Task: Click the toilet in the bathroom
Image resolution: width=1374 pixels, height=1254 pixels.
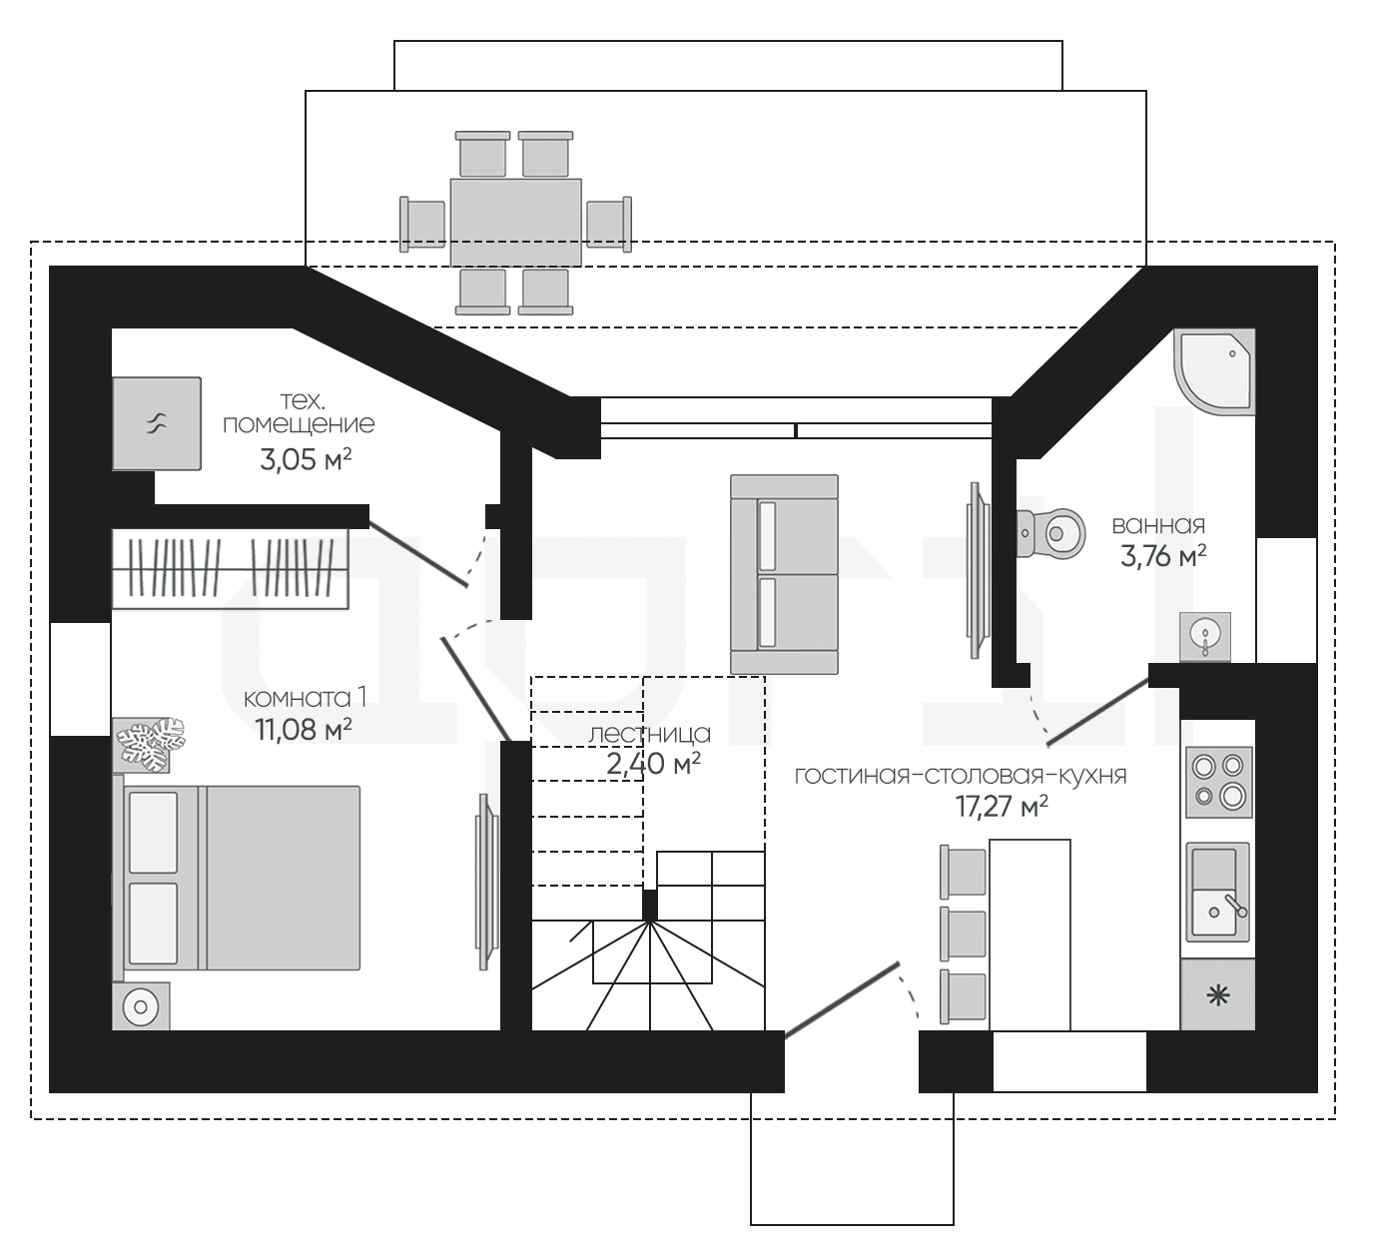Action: click(1050, 533)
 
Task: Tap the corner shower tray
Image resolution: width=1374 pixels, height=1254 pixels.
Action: click(1214, 371)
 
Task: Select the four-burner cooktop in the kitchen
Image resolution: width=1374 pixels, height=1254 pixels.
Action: click(1218, 782)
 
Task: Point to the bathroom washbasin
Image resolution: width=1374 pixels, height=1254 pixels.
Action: click(1205, 637)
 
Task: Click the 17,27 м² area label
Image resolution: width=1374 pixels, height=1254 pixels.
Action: click(1002, 807)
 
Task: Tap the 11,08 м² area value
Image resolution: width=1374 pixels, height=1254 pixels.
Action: click(304, 730)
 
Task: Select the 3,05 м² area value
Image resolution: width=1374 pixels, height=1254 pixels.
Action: click(306, 459)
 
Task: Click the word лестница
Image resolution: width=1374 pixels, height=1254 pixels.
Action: click(649, 734)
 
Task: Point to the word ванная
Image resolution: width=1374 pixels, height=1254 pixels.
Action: click(1158, 525)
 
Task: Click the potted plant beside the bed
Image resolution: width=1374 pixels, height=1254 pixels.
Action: click(150, 744)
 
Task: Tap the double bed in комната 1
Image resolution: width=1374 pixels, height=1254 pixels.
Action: click(237, 878)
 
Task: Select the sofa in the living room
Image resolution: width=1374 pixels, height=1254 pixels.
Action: click(784, 574)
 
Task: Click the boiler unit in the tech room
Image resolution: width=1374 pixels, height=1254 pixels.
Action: click(157, 423)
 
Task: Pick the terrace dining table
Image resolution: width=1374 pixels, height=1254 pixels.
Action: click(516, 223)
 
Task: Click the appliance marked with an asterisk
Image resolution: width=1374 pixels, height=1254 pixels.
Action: click(1218, 994)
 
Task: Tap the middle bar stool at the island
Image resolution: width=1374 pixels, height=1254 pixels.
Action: click(963, 933)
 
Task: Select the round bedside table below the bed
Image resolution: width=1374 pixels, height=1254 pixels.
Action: click(141, 1006)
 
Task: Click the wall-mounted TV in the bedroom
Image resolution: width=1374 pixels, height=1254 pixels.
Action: click(487, 882)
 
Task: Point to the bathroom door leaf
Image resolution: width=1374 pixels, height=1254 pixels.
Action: click(1098, 712)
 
